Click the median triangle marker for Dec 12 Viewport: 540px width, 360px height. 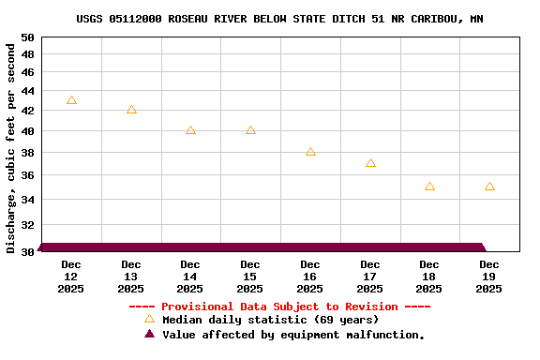point(71,100)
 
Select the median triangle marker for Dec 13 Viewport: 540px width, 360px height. point(131,110)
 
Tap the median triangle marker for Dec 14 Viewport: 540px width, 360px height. point(190,130)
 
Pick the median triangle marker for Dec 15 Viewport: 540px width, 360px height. point(250,130)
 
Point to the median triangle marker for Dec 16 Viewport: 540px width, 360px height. point(310,151)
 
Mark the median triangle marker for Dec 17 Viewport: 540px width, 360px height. point(370,163)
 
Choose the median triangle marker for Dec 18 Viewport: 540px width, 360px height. point(429,187)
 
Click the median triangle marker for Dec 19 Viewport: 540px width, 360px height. point(489,187)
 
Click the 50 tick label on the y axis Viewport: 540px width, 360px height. point(27,37)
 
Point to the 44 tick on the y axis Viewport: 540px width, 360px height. point(27,91)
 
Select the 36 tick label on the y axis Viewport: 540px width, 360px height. point(27,175)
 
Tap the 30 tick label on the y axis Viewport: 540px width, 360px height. point(27,251)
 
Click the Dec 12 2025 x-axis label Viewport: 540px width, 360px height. point(71,277)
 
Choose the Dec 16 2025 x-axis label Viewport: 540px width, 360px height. point(310,277)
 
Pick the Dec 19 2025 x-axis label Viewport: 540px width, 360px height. point(489,277)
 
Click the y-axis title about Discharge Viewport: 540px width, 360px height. point(11,144)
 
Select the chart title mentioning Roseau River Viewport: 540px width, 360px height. point(280,19)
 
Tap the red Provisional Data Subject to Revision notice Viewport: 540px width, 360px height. point(279,307)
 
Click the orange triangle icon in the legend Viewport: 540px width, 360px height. point(149,320)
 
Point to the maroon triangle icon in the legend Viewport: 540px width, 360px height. point(149,334)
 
